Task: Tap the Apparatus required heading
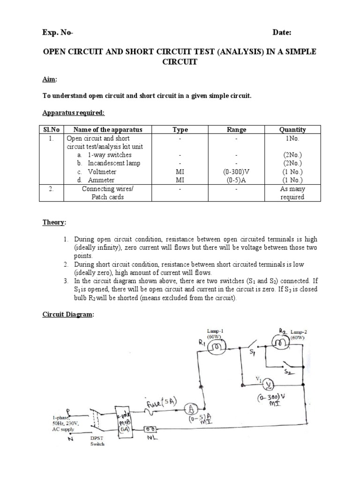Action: (74, 112)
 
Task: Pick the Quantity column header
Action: (292, 130)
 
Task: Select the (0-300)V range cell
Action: (236, 172)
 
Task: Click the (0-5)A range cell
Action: (236, 180)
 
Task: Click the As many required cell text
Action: (292, 193)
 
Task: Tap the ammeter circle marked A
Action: (190, 406)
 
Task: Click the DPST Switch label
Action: (98, 441)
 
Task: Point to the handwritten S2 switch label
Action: (289, 371)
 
